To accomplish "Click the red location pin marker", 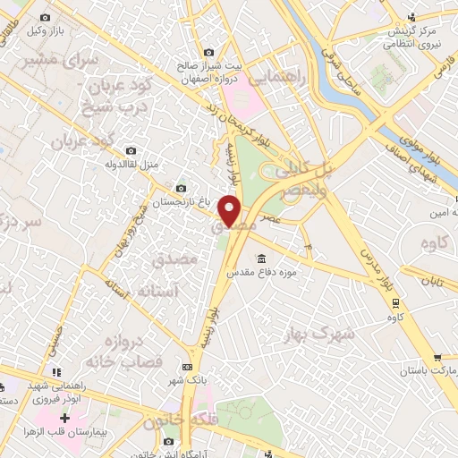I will click(x=232, y=212).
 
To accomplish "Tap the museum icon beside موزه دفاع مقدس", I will click(x=261, y=259).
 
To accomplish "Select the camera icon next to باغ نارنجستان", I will click(x=182, y=188).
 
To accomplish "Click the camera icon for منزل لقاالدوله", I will click(x=132, y=150).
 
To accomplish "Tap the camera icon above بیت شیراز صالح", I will click(x=209, y=52).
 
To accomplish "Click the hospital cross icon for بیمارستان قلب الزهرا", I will click(x=64, y=418).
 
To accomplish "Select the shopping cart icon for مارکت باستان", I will click(x=437, y=356).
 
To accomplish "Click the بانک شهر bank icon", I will click(x=187, y=367).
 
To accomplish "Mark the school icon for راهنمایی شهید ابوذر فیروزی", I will click(x=56, y=371).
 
